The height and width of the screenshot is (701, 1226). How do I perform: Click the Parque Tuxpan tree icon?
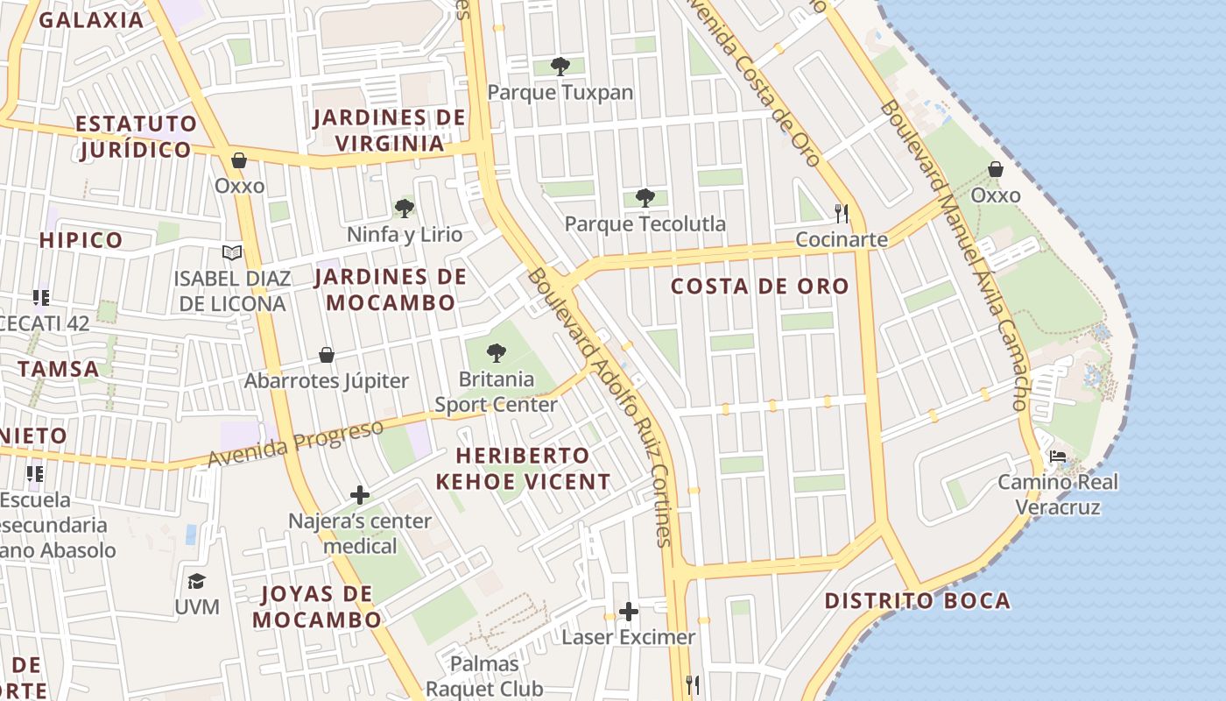click(x=560, y=66)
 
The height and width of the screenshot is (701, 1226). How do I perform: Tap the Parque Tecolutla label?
click(x=645, y=224)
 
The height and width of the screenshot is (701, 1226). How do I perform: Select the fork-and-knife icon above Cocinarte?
click(x=842, y=213)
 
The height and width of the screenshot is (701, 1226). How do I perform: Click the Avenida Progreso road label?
click(x=296, y=443)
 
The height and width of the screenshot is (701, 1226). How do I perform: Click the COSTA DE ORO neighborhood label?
click(x=760, y=287)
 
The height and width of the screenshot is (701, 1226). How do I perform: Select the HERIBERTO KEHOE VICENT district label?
click(x=524, y=469)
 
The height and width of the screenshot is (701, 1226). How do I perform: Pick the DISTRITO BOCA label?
click(x=918, y=601)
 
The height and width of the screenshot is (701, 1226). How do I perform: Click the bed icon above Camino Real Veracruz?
click(x=1058, y=457)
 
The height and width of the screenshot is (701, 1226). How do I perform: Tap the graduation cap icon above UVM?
click(x=196, y=582)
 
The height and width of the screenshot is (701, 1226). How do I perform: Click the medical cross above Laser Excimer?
click(x=628, y=611)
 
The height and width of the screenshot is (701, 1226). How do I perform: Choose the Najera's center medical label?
click(x=360, y=534)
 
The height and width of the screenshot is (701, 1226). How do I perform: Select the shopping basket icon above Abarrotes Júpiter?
click(x=327, y=355)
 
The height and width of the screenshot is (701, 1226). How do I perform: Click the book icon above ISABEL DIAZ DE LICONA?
click(x=232, y=253)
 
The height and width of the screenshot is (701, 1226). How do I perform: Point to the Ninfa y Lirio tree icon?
click(x=404, y=209)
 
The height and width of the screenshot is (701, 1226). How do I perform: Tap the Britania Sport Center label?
click(x=497, y=392)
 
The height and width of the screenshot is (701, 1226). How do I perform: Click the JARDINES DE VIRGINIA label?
click(x=390, y=131)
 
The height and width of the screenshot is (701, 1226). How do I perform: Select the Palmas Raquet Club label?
click(x=484, y=676)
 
